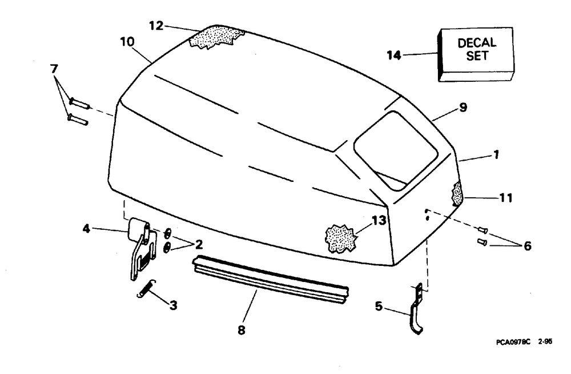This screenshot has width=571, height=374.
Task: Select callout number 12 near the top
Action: pyautogui.click(x=156, y=25)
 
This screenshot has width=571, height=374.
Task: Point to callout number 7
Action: pyautogui.click(x=54, y=69)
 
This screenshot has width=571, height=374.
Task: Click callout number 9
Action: pyautogui.click(x=463, y=107)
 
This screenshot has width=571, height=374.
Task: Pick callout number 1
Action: pyautogui.click(x=496, y=154)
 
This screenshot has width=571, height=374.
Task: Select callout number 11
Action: pyautogui.click(x=506, y=198)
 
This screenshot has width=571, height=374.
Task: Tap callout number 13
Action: pyautogui.click(x=380, y=219)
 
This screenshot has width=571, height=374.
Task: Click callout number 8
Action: pyautogui.click(x=242, y=330)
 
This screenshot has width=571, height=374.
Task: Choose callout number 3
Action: pyautogui.click(x=172, y=305)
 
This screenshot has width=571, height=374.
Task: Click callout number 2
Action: pyautogui.click(x=199, y=245)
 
